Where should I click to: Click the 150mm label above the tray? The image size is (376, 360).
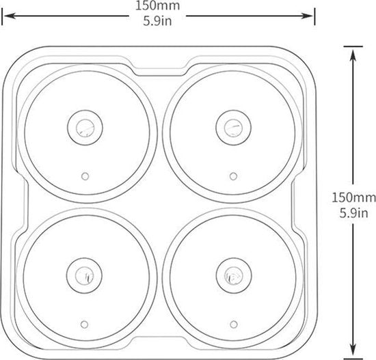pyautogui.click(x=157, y=5)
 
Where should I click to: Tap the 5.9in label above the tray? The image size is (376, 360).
pyautogui.click(x=157, y=21)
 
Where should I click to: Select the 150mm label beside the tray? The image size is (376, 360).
pyautogui.click(x=353, y=198)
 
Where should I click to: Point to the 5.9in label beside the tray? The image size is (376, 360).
pyautogui.click(x=353, y=213)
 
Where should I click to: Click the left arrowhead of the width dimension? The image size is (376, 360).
pyautogui.click(x=10, y=16)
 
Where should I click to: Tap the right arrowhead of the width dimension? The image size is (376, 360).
pyautogui.click(x=308, y=16)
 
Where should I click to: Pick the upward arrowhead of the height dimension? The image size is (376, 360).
pyautogui.click(x=353, y=55)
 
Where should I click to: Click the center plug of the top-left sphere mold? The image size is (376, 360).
pyautogui.click(x=85, y=128)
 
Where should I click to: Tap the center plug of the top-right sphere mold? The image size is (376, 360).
pyautogui.click(x=234, y=128)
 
